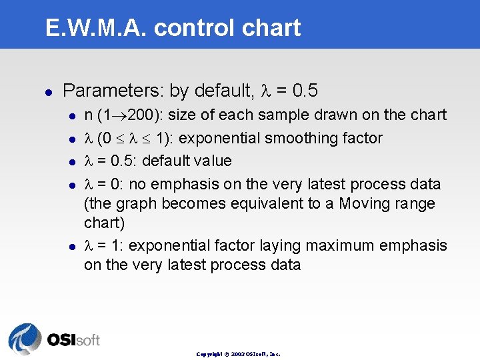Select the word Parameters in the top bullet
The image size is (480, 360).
pyautogui.click(x=113, y=90)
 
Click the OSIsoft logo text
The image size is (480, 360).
pyautogui.click(x=73, y=339)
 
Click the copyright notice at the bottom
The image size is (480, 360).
pyautogui.click(x=238, y=354)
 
